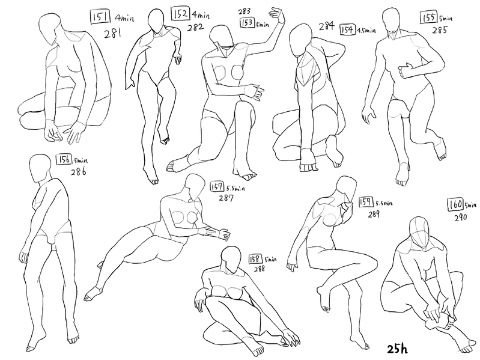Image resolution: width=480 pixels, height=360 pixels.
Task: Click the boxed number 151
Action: click(100, 16)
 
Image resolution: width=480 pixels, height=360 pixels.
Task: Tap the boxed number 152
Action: click(181, 13)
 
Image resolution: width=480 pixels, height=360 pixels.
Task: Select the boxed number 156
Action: click(64, 159)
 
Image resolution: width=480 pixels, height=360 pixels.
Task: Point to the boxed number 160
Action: click(456, 205)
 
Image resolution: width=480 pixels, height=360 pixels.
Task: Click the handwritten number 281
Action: click(113, 32)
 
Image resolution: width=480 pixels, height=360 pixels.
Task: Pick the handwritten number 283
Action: click(245, 11)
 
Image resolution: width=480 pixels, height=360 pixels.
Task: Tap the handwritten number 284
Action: click(327, 26)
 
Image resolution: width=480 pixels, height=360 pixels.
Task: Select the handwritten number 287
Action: click(226, 198)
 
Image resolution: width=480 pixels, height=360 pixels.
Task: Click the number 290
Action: click(460, 218)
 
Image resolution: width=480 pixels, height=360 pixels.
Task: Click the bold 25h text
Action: click(397, 349)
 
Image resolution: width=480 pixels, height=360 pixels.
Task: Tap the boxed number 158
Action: click(255, 259)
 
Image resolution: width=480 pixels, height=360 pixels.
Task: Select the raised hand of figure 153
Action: click(277, 14)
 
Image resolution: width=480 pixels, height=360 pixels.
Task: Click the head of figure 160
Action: click(419, 232)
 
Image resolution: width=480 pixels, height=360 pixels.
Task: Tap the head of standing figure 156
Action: click(40, 169)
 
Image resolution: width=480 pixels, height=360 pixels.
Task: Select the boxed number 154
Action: click(347, 29)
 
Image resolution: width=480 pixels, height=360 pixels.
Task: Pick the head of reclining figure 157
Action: click(195, 186)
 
